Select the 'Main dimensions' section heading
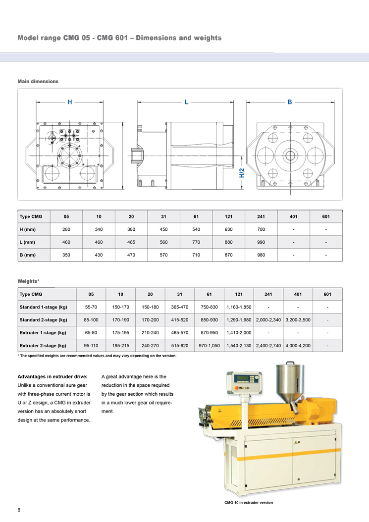click(38, 81)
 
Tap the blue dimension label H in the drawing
click(70, 102)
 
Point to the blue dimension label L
click(186, 102)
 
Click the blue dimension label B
click(290, 102)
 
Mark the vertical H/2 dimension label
click(242, 172)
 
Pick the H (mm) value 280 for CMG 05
click(66, 229)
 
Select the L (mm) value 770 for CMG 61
click(196, 242)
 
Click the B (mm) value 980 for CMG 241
click(261, 255)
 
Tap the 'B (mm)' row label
click(28, 255)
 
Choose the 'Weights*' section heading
click(29, 281)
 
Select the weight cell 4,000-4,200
click(298, 345)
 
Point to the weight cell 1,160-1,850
click(239, 307)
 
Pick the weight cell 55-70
click(91, 307)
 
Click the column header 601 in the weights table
click(327, 294)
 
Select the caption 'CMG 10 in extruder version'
click(249, 503)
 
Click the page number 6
click(19, 510)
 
